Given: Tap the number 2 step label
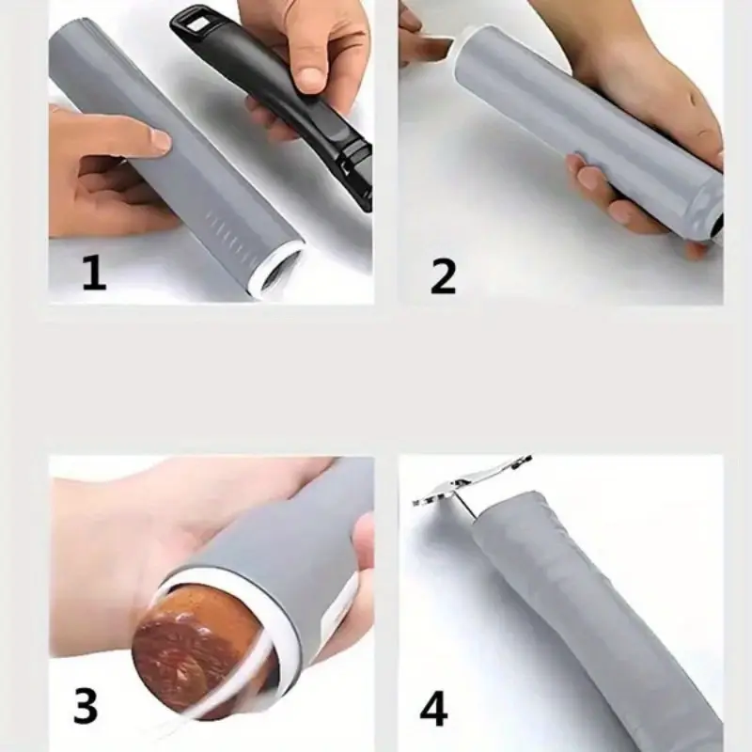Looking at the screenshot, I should [x=443, y=274].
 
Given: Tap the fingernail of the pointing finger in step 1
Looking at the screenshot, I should [x=160, y=141].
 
